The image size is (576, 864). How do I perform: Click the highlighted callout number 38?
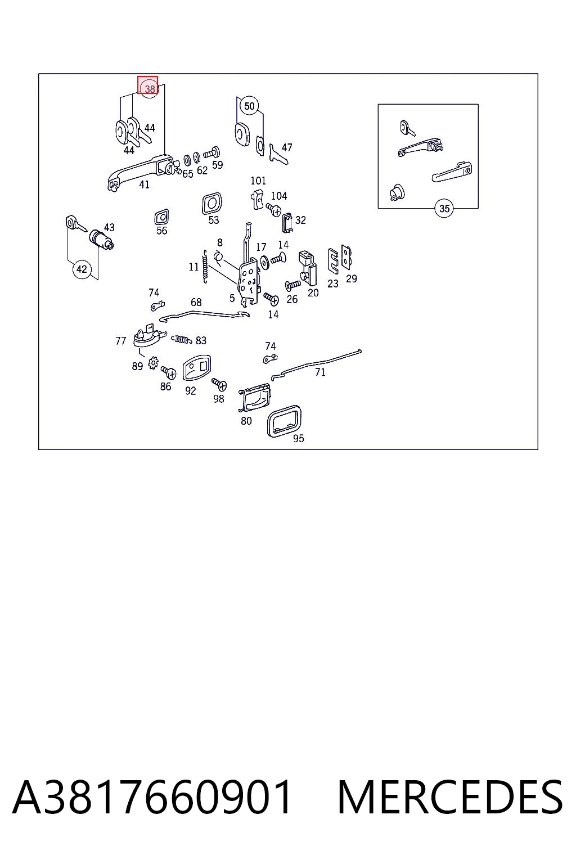coord(150,89)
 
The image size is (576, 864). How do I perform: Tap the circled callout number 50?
coord(250,106)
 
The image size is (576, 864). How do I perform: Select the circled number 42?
coord(82,269)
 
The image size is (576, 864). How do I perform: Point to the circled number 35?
coord(444,208)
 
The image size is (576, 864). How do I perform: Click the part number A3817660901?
coord(152,797)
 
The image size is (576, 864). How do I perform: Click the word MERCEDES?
coord(451,797)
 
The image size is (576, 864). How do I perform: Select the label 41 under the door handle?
coord(145,184)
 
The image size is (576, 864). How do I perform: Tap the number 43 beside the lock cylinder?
coord(109,227)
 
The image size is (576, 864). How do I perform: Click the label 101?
coord(258,181)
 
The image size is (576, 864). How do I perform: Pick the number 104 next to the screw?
coord(279,196)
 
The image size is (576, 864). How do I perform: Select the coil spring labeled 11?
coord(205,267)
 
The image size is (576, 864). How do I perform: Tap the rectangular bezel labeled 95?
coord(284,421)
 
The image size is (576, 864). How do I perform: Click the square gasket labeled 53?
coord(212,204)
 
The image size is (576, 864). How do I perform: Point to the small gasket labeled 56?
coord(161,217)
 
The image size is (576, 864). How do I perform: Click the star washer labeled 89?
coord(153,362)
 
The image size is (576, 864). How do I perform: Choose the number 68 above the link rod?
coord(196,302)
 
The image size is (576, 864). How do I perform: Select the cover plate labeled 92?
coord(197,367)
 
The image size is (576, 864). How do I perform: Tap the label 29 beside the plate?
coord(352,278)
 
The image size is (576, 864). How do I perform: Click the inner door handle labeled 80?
coord(255,397)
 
